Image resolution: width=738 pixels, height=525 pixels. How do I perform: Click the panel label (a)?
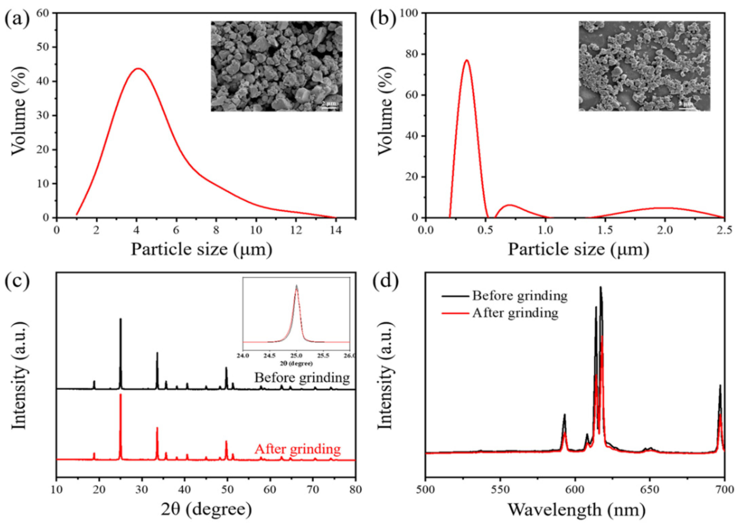point(17,20)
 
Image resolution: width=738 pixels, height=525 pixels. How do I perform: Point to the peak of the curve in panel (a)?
point(138,69)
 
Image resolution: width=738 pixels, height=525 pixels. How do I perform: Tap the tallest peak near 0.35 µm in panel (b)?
point(466,61)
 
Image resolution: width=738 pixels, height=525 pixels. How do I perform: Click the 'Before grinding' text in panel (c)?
point(302,378)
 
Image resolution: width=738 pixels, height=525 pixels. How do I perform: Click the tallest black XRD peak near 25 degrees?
point(120,319)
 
